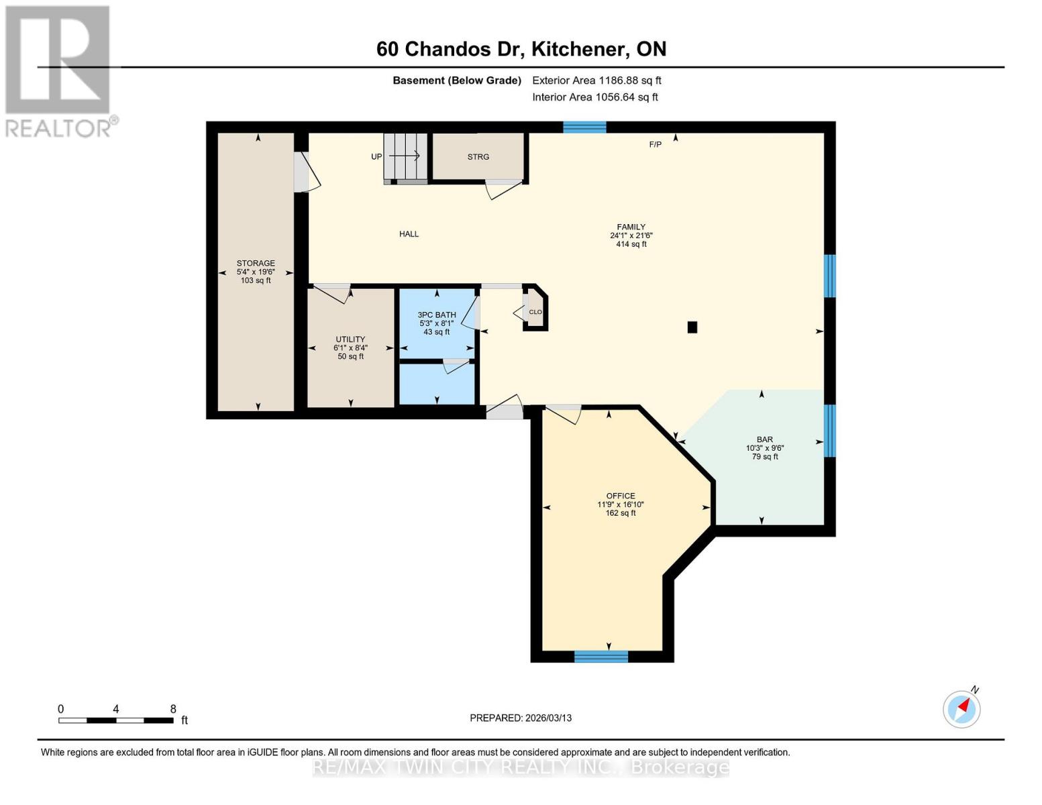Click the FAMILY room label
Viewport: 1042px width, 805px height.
(631, 227)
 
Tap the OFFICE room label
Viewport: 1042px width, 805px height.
(620, 496)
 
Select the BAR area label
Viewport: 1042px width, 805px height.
(764, 440)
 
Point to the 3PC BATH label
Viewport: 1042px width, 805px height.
(436, 315)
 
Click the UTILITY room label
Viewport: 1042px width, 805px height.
(350, 339)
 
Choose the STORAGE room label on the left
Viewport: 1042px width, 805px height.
(256, 264)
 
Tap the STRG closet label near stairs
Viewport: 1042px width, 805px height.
(478, 157)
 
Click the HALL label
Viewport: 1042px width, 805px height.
(409, 234)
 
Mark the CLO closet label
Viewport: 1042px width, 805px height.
(535, 312)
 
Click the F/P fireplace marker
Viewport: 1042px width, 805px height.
(655, 144)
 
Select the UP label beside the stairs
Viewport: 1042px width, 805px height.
(376, 157)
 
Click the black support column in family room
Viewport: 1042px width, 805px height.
(692, 327)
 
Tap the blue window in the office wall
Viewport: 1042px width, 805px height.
(601, 657)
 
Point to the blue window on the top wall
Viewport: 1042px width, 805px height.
(584, 127)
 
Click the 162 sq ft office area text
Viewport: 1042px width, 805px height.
(620, 513)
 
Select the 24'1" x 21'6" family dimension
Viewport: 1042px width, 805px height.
(631, 236)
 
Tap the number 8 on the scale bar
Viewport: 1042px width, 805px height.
(173, 709)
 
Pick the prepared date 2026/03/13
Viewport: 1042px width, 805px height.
(548, 718)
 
